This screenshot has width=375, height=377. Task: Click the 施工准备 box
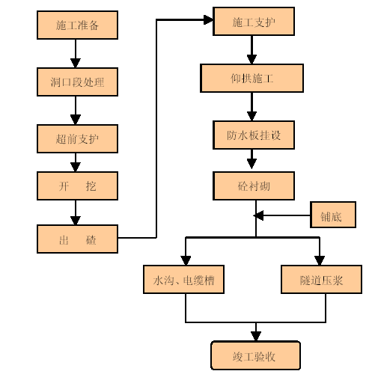coord(77,25)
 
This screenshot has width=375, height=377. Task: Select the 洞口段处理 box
coord(77,82)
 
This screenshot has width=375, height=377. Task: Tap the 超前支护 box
coord(77,138)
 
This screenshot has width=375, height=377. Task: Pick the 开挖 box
coord(77,186)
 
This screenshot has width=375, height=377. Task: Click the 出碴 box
coord(77,239)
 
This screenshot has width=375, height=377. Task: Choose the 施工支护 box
coord(254,21)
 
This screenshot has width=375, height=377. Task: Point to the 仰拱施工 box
coord(251,78)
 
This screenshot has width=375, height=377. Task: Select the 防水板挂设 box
coord(254,135)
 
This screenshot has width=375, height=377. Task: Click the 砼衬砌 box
coord(254,186)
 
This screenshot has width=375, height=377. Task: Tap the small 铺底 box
coord(333,215)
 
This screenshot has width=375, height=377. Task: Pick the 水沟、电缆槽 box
coord(183,279)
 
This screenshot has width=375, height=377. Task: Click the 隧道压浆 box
coord(321,279)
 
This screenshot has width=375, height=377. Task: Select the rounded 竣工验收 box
coord(255,355)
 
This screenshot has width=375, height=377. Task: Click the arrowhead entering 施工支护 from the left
coord(208,19)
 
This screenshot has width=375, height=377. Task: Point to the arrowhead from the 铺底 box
coord(258,215)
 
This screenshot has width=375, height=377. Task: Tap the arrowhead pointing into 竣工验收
coord(256,336)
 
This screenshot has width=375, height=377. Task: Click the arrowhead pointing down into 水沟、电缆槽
coord(186,260)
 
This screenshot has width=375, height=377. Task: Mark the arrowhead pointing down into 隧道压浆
coord(320,260)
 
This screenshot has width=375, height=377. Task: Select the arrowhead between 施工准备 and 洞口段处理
coord(76,63)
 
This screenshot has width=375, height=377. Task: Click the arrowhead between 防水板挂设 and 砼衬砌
coord(251,164)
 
